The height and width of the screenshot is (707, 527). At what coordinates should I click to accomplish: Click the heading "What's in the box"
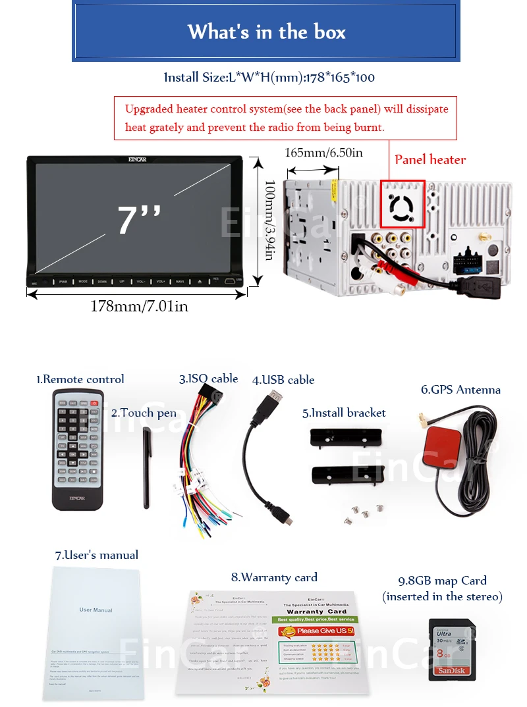pyautogui.click(x=266, y=32)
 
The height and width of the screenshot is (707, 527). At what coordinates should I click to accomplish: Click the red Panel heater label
pyautogui.click(x=430, y=159)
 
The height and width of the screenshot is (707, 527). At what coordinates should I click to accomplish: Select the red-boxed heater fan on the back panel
pyautogui.click(x=403, y=204)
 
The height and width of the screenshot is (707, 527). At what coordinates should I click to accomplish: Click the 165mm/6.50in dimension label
pyautogui.click(x=323, y=153)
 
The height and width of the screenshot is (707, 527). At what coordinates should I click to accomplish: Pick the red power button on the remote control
pyautogui.click(x=95, y=403)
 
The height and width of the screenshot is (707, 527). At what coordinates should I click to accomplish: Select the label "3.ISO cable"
pyautogui.click(x=208, y=379)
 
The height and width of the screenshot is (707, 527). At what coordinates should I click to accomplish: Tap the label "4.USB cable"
pyautogui.click(x=283, y=380)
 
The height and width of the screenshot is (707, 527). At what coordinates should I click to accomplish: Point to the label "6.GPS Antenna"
pyautogui.click(x=460, y=390)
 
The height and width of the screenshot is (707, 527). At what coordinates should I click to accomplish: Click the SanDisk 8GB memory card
pyautogui.click(x=451, y=649)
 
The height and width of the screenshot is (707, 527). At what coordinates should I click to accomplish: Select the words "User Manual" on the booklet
pyautogui.click(x=96, y=610)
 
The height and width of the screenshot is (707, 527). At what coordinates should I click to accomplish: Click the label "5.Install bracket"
pyautogui.click(x=344, y=413)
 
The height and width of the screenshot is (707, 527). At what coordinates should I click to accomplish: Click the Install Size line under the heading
pyautogui.click(x=269, y=78)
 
